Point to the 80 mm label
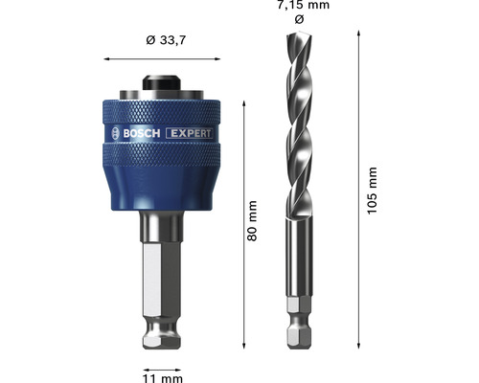253,221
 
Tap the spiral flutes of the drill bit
297,124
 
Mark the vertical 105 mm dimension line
358,191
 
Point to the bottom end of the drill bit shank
295,346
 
